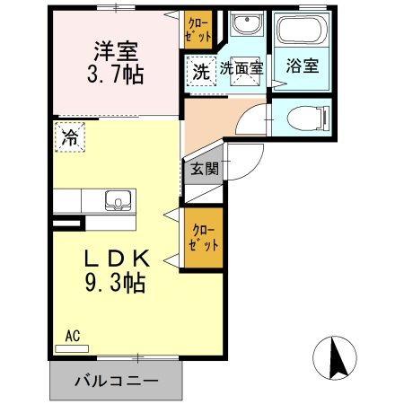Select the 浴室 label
click(299, 67)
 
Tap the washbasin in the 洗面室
click(243, 27)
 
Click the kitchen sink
click(116, 199)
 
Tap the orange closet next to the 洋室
click(199, 28)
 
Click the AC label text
click(74, 336)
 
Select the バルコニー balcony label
click(117, 381)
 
